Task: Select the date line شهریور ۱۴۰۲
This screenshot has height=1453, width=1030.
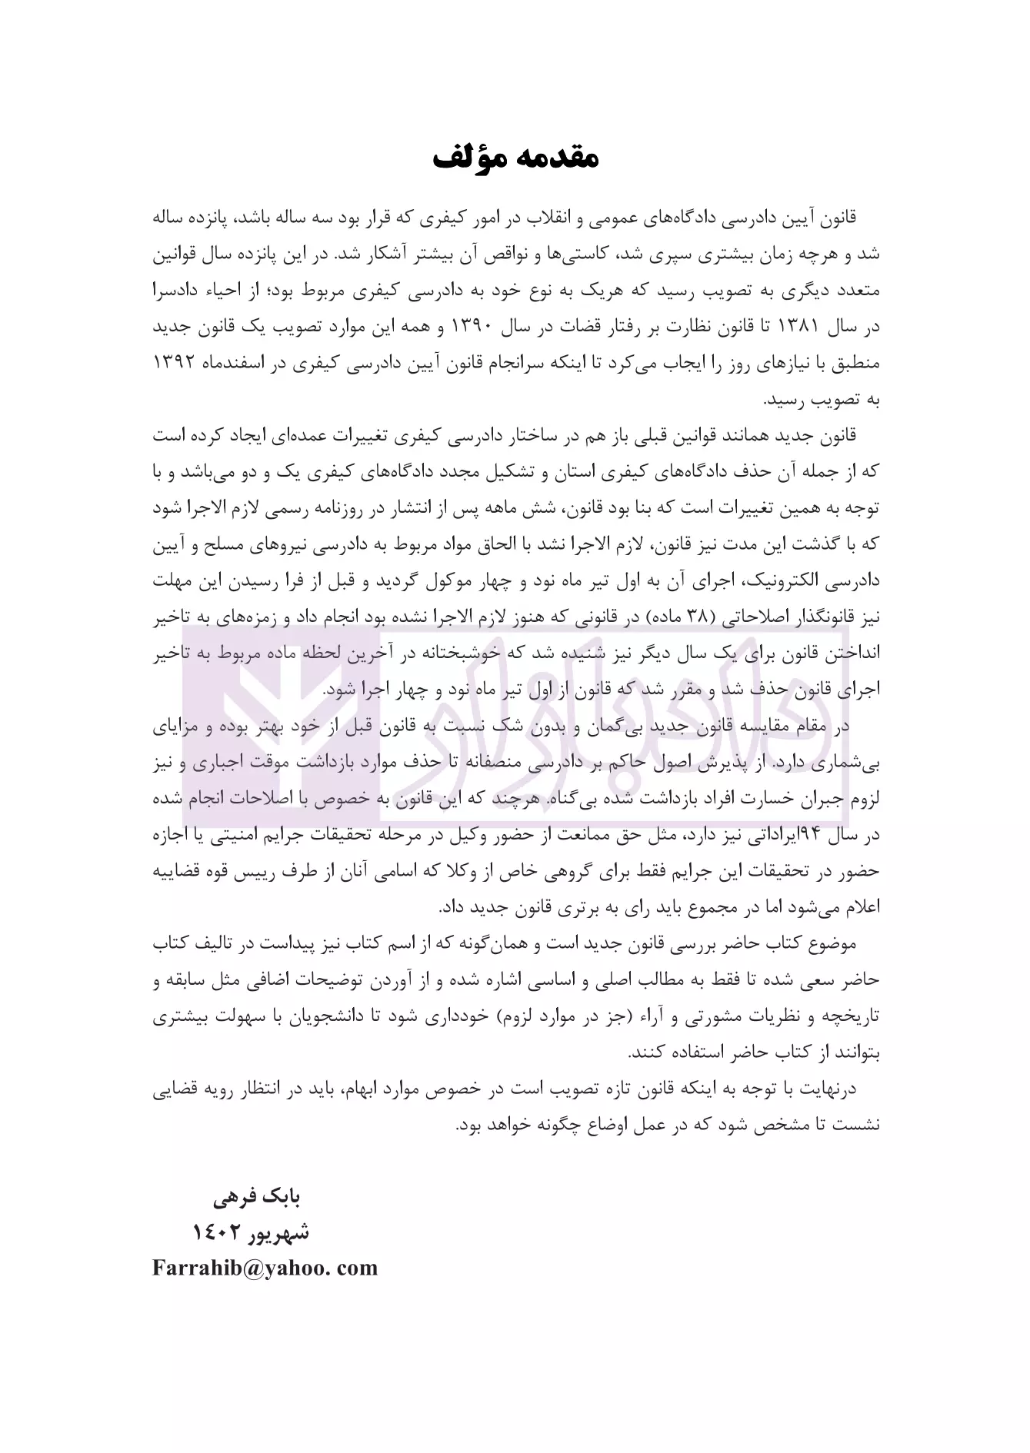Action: click(x=250, y=1232)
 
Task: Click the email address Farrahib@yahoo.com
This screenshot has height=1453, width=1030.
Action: click(x=265, y=1268)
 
